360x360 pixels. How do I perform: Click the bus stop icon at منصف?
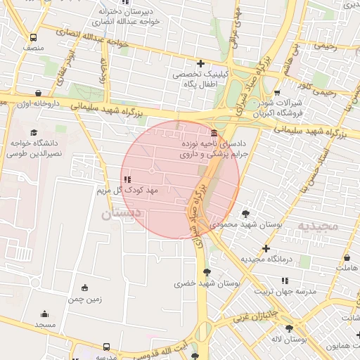point(33,38)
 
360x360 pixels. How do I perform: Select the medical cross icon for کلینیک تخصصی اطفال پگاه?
point(201,64)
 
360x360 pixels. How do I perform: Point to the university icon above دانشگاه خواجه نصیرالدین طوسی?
point(33,132)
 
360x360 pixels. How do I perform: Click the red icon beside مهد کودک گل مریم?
point(127,180)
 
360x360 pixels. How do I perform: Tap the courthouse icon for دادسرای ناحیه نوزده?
point(214,134)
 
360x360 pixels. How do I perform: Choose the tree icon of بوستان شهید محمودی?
point(245,214)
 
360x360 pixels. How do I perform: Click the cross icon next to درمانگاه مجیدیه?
point(266,248)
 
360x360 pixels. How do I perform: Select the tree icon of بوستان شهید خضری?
point(207,273)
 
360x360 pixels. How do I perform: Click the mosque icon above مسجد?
point(45,314)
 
